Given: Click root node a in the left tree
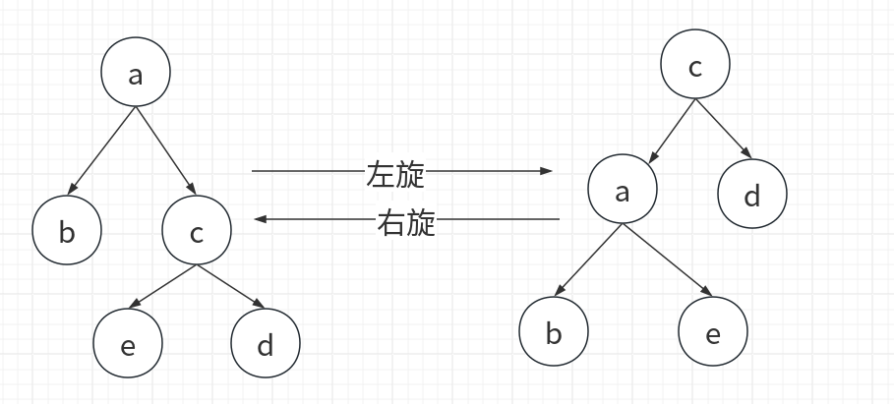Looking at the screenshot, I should (x=136, y=73).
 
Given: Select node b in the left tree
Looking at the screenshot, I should (x=67, y=232).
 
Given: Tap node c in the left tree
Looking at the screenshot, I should (x=197, y=232).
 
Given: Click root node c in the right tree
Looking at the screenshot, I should (x=695, y=66).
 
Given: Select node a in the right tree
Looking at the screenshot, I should (x=622, y=192).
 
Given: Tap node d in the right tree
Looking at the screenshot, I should (x=752, y=195).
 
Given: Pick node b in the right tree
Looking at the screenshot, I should (x=554, y=332).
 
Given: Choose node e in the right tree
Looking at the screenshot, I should (x=713, y=332).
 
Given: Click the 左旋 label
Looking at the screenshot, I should (x=395, y=174).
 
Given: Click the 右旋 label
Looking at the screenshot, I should (x=406, y=223).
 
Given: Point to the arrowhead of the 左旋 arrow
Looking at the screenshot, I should (x=548, y=171).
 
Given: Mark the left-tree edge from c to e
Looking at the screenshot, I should (x=163, y=285).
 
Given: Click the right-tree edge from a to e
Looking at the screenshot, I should (x=666, y=260).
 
